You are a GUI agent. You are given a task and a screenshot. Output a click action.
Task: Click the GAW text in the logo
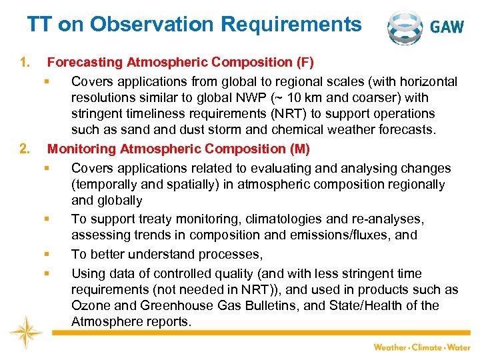tap(448, 27)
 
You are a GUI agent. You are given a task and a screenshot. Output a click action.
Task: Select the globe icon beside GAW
tap(405, 27)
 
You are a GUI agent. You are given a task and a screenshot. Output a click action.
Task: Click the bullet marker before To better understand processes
tap(49, 254)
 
